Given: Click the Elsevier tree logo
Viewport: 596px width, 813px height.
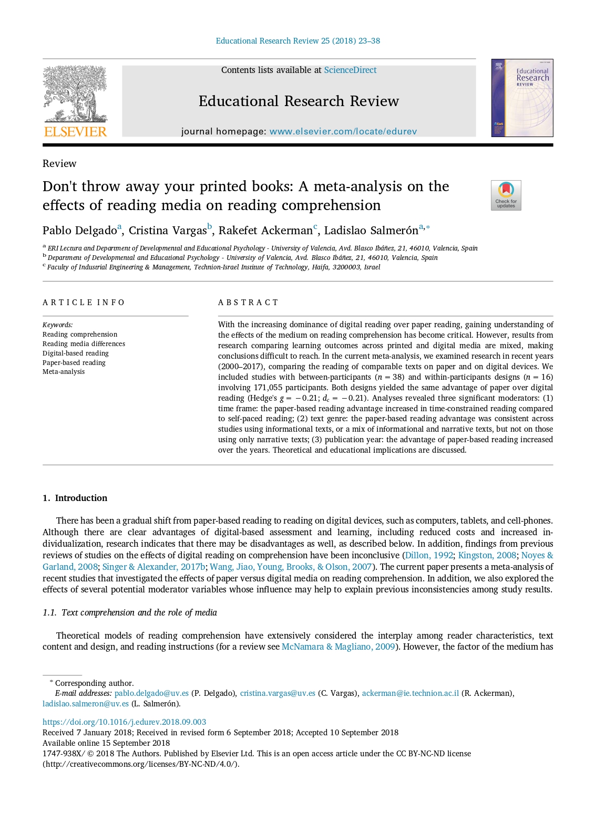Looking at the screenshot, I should point(75,95).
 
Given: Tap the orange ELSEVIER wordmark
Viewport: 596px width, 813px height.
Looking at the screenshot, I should point(76,131).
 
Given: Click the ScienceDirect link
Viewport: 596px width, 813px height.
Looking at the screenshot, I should point(350,70).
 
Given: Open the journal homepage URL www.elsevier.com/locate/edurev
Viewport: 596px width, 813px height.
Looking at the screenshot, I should point(343,131).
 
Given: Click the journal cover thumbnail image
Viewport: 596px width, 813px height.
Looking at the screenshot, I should point(522,98).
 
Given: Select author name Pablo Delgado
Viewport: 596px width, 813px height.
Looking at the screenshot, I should point(80,231).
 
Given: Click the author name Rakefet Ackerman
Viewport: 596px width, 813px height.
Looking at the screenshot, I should point(265,231).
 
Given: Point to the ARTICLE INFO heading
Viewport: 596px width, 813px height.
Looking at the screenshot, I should point(84,303).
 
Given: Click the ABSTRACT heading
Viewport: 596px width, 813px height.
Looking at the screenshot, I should point(248,303).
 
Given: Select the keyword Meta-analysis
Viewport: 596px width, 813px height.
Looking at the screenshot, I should point(64,372).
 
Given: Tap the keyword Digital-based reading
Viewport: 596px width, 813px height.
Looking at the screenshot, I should point(76,353).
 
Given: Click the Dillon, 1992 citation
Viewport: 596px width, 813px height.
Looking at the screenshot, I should point(429,555).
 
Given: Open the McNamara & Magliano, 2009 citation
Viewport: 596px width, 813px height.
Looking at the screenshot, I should point(338,647).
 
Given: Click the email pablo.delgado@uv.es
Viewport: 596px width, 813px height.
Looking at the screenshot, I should point(151,693).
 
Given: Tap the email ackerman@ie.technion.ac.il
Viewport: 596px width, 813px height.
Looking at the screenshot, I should point(410,693).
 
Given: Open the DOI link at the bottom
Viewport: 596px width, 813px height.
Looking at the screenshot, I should point(124,722).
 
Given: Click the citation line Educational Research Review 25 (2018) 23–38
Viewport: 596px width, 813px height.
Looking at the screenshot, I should point(298,41).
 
